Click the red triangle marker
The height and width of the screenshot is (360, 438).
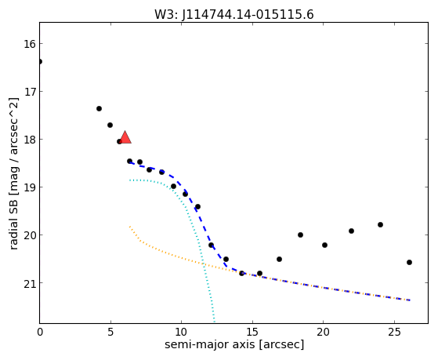point(125,137)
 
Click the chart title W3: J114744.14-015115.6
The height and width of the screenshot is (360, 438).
point(234,14)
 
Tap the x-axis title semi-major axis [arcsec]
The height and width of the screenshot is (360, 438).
point(234,344)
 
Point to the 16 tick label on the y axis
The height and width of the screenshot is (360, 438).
point(30,44)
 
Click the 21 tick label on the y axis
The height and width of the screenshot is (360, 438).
point(30,283)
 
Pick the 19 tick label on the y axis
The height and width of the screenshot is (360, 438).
point(30,187)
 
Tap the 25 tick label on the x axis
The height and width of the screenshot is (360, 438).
point(394,332)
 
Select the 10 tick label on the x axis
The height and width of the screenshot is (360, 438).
point(181,332)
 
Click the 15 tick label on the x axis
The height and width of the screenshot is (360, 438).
point(252,332)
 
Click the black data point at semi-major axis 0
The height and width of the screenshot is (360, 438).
point(40,61)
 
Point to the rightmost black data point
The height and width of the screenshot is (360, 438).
point(409,263)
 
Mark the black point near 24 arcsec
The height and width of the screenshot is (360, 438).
point(380,224)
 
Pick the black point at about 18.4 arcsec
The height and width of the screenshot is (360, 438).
point(300,235)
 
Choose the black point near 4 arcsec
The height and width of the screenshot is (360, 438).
point(99,108)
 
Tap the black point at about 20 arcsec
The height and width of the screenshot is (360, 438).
point(324,245)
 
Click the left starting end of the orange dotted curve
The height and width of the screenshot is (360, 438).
point(130,227)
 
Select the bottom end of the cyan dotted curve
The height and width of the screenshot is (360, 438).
point(214,322)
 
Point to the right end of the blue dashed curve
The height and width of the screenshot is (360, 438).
point(410,300)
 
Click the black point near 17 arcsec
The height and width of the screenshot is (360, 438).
point(279,260)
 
